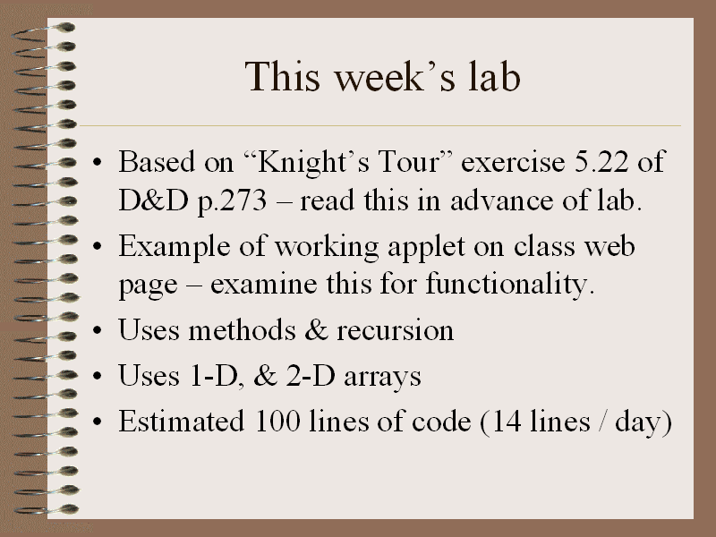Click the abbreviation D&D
click(x=153, y=200)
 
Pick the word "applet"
click(x=426, y=247)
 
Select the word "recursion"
click(x=396, y=330)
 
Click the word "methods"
click(x=242, y=329)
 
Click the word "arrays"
click(x=382, y=378)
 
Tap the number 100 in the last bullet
click(x=277, y=421)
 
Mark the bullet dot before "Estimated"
click(x=97, y=422)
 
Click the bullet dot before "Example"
click(x=97, y=247)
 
